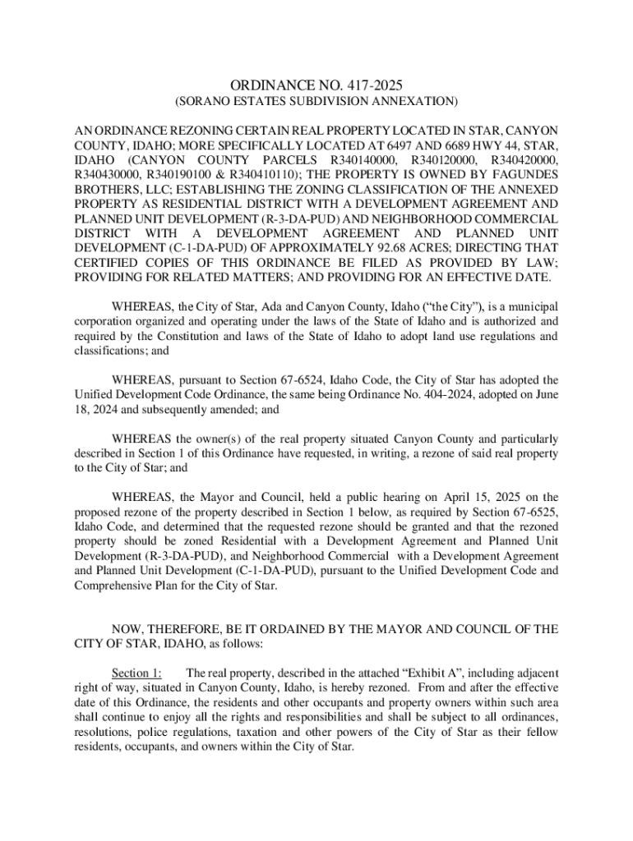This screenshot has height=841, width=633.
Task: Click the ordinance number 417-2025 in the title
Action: point(374,85)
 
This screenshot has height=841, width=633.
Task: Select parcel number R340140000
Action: point(363,159)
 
